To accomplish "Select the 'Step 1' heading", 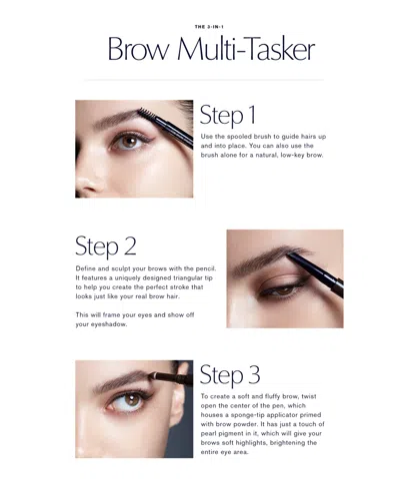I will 227,115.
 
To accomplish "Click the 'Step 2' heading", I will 105,246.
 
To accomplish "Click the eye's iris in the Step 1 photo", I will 128,142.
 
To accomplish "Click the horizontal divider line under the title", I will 204,80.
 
